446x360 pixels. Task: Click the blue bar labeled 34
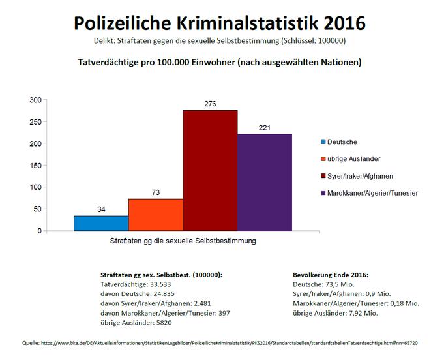click(x=101, y=223)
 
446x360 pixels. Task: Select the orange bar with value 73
click(x=156, y=215)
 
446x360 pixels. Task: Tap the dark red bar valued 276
click(x=210, y=170)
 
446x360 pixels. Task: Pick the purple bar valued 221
click(x=264, y=182)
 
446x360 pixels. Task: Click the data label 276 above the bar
click(x=210, y=104)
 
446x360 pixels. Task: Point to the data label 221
click(x=264, y=128)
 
